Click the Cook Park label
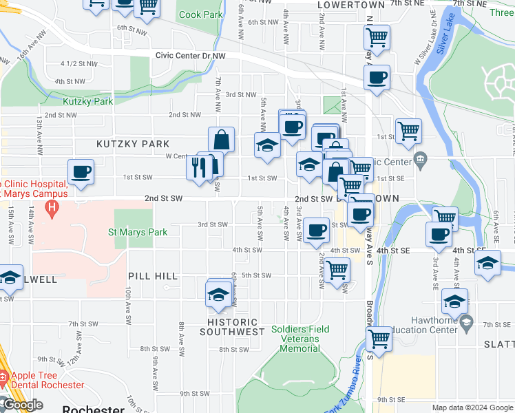pos(200,14)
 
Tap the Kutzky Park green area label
pos(87,101)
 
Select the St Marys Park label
pos(138,232)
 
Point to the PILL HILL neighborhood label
pos(153,276)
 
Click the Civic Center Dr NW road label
pos(191,54)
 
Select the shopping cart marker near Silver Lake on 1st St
pos(409,129)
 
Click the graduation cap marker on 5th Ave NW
pos(267,145)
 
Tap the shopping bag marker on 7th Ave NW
pos(222,140)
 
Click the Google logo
pos(22,405)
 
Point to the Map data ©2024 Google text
pos(471,407)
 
